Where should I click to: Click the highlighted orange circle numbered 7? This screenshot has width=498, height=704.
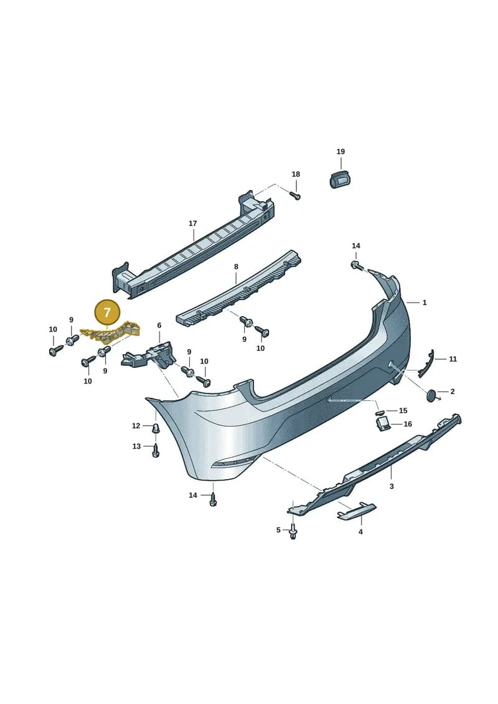pos(107,312)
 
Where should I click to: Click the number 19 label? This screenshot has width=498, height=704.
pos(341,152)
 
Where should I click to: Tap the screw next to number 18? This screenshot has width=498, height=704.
pos(295,195)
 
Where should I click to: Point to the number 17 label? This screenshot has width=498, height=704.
pos(192,223)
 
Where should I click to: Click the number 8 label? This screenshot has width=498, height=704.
pos(236,266)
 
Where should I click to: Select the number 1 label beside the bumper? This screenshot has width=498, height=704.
pos(425,303)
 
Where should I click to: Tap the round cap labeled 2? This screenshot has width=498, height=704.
pos(432,395)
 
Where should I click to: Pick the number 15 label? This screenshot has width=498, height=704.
pos(403,410)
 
